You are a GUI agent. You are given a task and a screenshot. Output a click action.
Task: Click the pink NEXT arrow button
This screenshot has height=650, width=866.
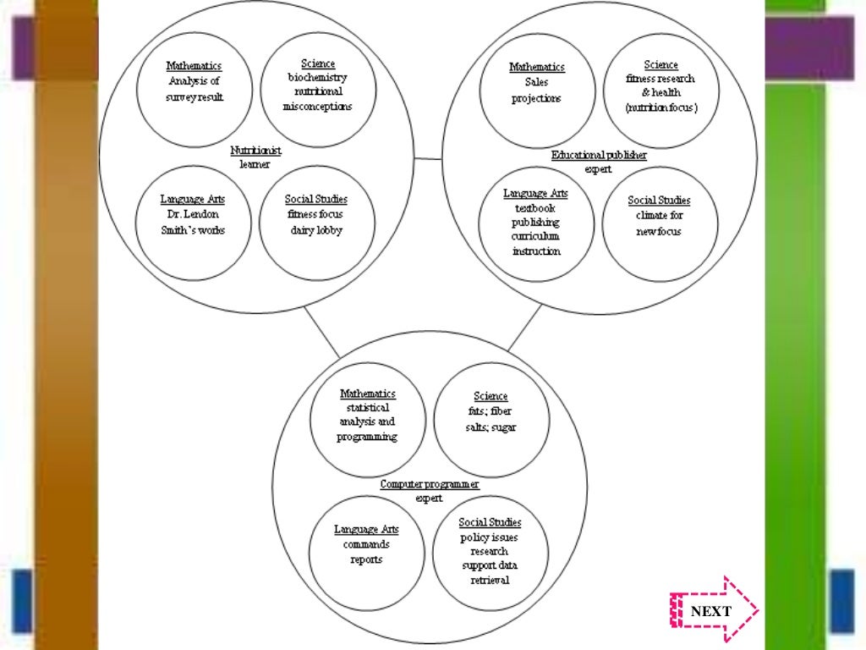tap(713, 611)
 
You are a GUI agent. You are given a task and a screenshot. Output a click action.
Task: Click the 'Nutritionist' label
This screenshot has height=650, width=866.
tap(255, 151)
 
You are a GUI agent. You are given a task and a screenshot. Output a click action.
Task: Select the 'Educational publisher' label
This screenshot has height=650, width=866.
tap(599, 156)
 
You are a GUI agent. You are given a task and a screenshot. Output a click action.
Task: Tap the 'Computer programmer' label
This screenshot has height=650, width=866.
tap(430, 484)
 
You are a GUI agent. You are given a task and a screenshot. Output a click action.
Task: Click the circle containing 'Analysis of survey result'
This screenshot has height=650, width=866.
tap(195, 89)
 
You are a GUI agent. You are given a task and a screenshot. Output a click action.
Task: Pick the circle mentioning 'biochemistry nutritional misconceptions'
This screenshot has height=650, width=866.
tap(317, 89)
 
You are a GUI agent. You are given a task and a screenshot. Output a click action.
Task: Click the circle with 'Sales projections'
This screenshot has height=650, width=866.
tap(536, 89)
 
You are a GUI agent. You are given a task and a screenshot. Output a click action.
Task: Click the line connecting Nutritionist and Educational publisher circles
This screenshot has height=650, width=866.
tap(428, 158)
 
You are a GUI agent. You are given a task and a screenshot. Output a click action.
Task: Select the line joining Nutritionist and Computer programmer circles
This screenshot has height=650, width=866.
tap(321, 332)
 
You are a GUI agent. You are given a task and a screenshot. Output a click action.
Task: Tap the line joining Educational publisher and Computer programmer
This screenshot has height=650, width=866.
tap(524, 328)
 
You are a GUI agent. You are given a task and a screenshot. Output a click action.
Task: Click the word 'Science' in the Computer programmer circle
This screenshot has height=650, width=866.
tap(491, 396)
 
